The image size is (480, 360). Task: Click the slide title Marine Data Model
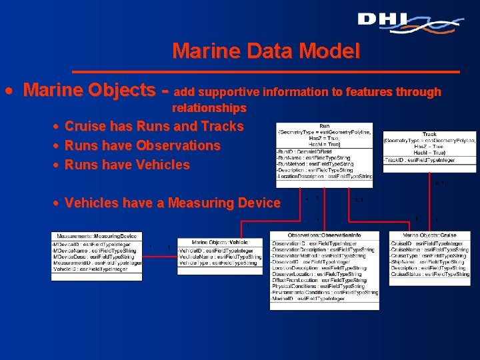click(x=265, y=51)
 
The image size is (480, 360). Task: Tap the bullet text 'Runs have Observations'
click(x=143, y=145)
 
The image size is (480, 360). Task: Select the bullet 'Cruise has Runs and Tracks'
click(x=154, y=126)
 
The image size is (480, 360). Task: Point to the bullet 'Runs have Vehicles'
click(x=127, y=165)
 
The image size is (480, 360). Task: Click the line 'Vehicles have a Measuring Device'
click(x=173, y=203)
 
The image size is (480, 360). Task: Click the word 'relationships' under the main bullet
click(x=209, y=108)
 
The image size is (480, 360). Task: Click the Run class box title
click(x=325, y=125)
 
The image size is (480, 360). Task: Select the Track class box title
click(x=430, y=134)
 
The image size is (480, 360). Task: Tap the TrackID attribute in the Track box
click(x=411, y=160)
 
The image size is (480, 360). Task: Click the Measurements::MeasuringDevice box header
click(x=97, y=235)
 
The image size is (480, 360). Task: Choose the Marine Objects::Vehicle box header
click(x=219, y=241)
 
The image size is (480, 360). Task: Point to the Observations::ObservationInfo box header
click(x=324, y=235)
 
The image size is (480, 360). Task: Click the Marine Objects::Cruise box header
click(x=430, y=235)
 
